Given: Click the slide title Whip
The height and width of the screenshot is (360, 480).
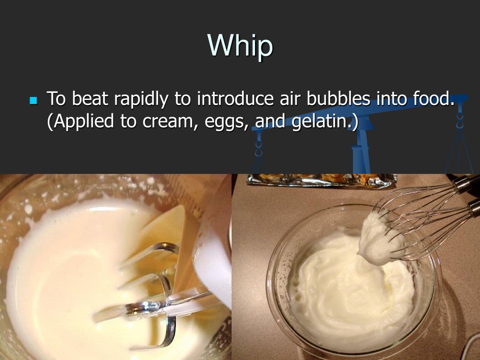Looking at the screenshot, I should tap(240, 45).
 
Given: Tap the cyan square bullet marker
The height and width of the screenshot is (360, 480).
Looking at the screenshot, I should tap(33, 100).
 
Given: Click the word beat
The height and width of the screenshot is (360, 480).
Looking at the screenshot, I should tap(90, 99).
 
